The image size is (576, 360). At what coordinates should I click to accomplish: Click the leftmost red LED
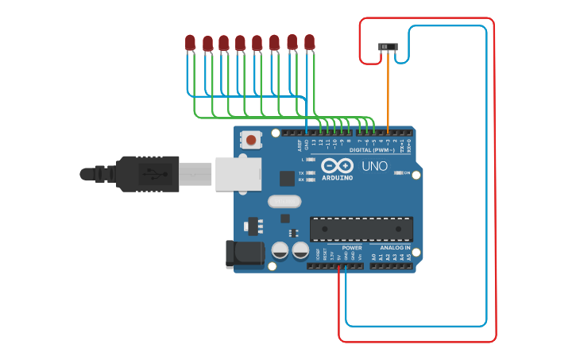tap(190, 42)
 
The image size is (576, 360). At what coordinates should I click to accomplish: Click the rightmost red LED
tap(310, 42)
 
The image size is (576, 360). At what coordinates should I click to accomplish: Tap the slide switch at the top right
tap(388, 48)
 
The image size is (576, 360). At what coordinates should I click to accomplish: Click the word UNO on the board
tap(375, 166)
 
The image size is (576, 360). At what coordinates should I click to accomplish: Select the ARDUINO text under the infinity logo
tap(338, 178)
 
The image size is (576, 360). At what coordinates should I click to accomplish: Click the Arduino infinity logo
tap(338, 166)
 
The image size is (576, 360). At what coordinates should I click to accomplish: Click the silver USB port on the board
tap(238, 173)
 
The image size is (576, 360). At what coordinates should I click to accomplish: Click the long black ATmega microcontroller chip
tap(361, 228)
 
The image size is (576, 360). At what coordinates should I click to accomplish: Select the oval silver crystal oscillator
tap(284, 201)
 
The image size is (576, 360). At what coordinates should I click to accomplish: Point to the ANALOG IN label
tap(395, 248)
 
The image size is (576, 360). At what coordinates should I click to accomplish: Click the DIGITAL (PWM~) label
tap(373, 149)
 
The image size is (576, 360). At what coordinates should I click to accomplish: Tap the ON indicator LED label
tap(407, 172)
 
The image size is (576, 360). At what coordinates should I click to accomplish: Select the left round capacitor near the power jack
tap(280, 250)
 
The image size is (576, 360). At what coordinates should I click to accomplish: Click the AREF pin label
tap(300, 145)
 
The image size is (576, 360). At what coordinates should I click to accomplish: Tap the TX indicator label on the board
tap(302, 172)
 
